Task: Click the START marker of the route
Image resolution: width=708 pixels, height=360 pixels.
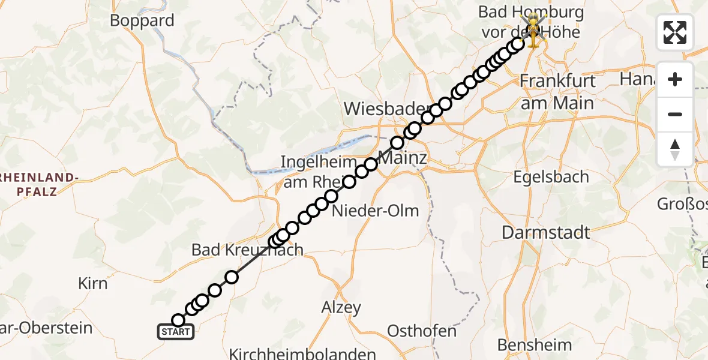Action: tap(176, 332)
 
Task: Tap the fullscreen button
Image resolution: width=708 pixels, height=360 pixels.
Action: tap(675, 32)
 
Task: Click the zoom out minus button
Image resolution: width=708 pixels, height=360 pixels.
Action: tap(675, 114)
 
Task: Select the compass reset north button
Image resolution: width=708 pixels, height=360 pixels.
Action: tap(675, 149)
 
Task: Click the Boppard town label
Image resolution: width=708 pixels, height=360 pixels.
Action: tap(142, 20)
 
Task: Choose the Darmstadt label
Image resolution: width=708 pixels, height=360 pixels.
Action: tap(546, 233)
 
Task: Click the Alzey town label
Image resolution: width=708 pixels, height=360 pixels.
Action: tap(341, 308)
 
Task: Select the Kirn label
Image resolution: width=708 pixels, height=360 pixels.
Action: tap(92, 283)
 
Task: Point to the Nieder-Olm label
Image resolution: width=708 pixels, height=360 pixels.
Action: tap(376, 211)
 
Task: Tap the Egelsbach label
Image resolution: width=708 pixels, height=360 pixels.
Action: tap(551, 177)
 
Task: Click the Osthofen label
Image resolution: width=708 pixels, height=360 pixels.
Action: tap(422, 331)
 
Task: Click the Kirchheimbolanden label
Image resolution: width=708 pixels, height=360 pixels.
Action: tap(302, 354)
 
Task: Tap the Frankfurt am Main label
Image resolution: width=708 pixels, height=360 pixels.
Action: tap(557, 91)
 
